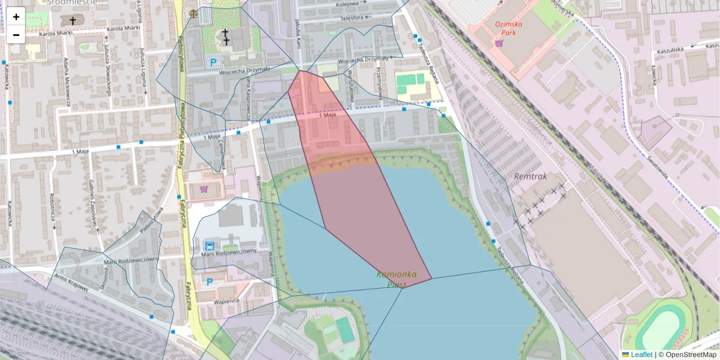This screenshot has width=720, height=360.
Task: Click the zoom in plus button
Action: click(16, 17)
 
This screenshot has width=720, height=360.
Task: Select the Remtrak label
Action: click(531, 176)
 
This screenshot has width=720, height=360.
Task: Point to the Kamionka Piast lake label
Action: click(397, 279)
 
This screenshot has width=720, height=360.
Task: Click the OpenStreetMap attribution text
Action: click(687, 355)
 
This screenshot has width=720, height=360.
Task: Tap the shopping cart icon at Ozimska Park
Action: click(499, 43)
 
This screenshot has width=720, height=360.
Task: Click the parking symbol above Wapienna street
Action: click(209, 281)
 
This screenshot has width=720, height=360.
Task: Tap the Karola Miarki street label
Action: click(55, 34)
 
